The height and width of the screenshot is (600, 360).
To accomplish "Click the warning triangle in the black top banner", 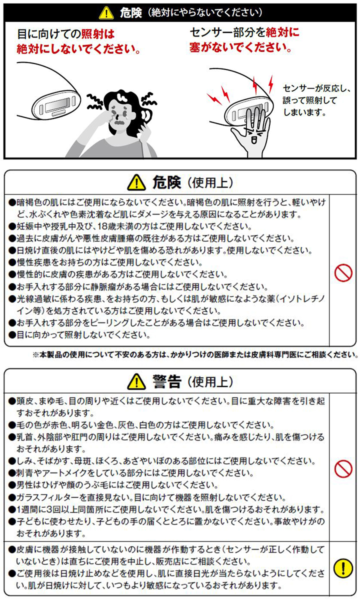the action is (106, 13).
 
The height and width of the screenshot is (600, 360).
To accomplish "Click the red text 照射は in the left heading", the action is (98, 34).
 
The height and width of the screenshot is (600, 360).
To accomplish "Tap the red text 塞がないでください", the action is (240, 47).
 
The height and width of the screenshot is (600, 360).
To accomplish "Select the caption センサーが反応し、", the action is (316, 88).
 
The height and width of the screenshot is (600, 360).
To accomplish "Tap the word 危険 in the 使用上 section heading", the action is (166, 182).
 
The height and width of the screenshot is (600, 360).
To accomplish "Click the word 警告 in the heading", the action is (166, 381).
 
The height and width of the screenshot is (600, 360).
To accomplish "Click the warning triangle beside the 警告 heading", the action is (136, 381).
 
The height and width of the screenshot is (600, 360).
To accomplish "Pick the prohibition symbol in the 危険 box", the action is (343, 272).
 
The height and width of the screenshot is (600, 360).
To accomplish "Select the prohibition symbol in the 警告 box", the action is (343, 469).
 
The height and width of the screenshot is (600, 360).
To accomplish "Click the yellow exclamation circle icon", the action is (343, 568).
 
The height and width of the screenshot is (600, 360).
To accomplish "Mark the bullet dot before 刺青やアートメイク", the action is (12, 473).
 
